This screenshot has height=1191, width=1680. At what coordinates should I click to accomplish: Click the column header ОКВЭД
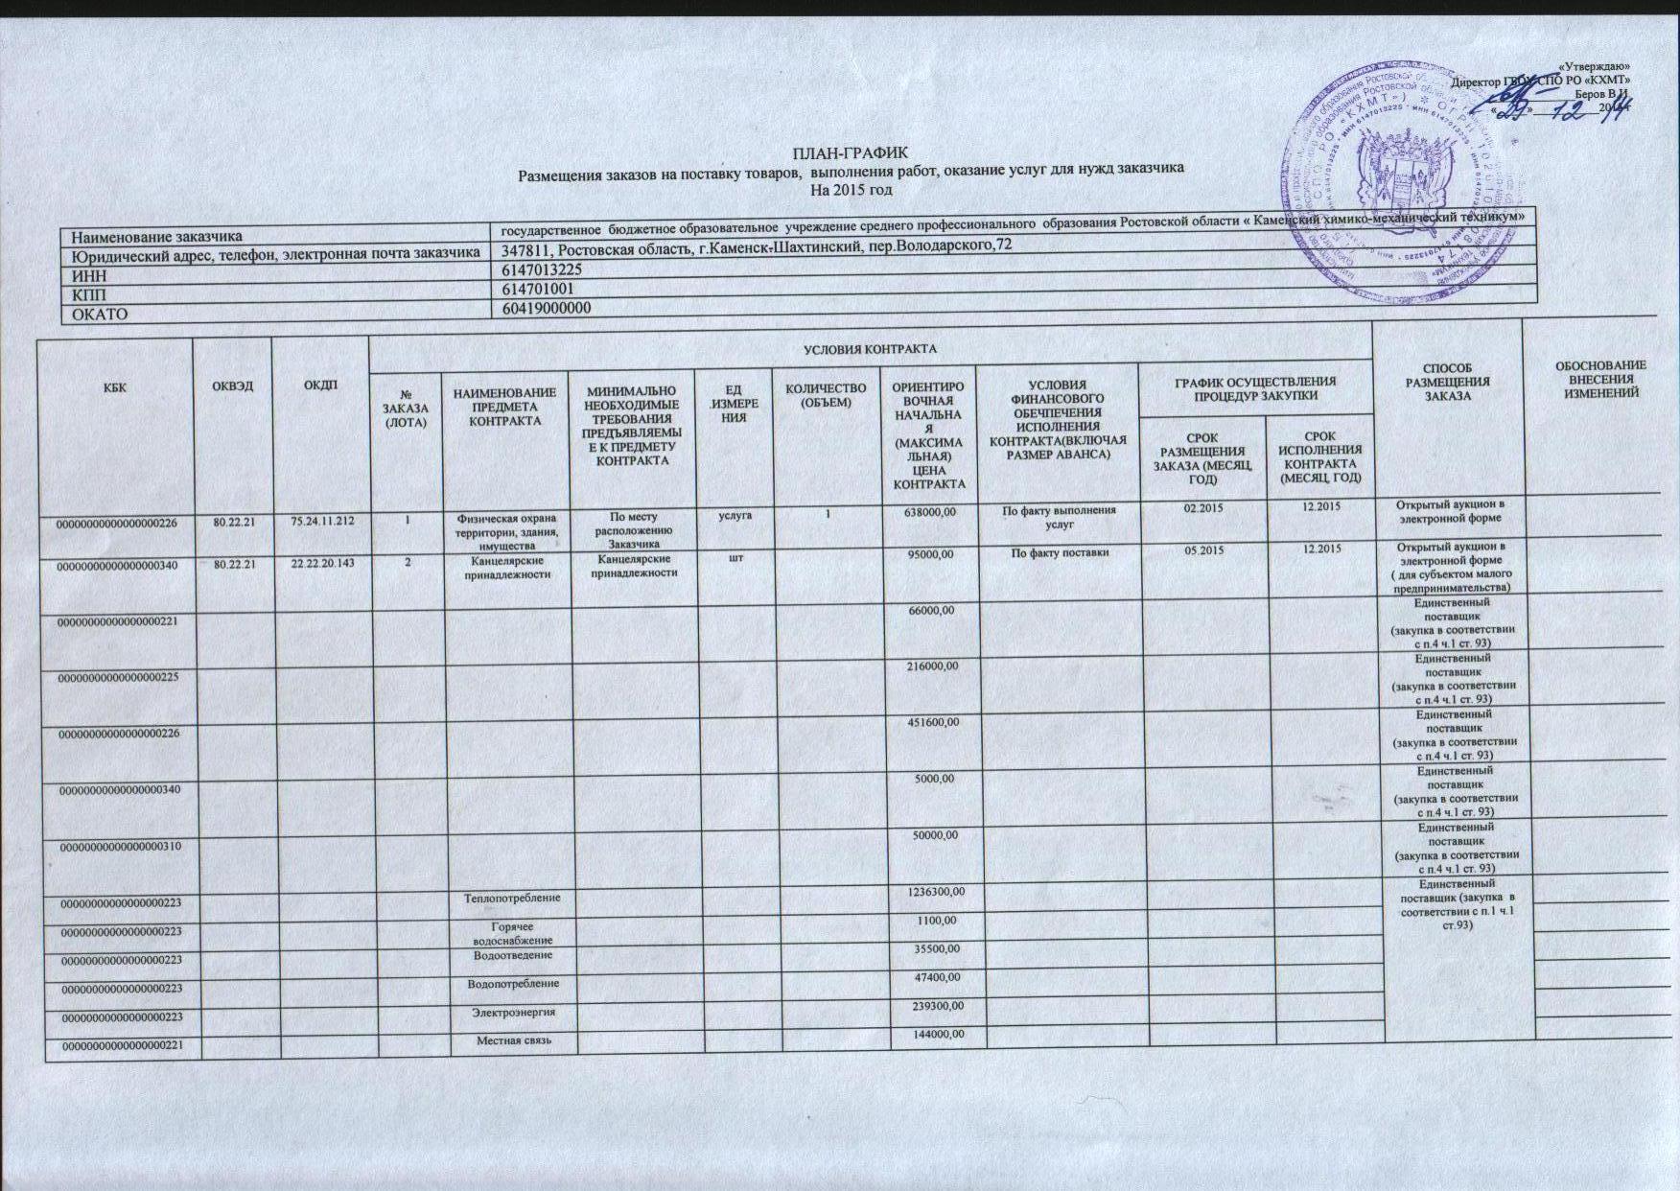click(x=232, y=385)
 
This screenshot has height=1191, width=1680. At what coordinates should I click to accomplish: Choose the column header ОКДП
click(x=320, y=385)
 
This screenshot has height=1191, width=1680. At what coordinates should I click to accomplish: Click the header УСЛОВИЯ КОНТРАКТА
click(x=870, y=347)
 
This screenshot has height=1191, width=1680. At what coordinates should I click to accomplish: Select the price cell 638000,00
click(x=929, y=512)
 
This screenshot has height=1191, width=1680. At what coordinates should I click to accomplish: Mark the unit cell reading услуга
click(x=735, y=515)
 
